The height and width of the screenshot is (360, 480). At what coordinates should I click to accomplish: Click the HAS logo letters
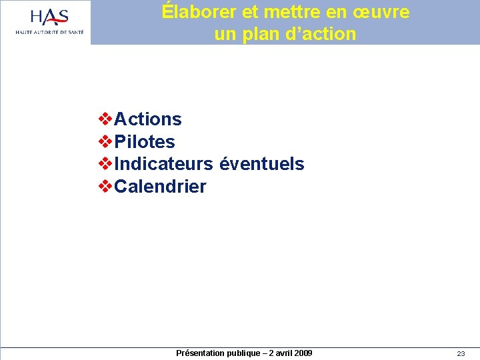pos(49,17)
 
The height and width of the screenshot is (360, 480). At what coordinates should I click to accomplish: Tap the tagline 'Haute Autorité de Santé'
pos(50,32)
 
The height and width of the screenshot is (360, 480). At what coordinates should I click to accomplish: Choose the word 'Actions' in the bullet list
pos(148,119)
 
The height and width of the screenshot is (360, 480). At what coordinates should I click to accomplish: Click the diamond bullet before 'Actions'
pos(105,119)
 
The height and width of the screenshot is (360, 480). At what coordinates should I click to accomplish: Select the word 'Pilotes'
pos(145,142)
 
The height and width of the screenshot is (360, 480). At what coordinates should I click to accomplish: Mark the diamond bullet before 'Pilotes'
pos(105,141)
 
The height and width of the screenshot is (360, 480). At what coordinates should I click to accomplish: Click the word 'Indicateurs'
pos(164,164)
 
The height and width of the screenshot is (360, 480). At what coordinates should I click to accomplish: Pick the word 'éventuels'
pos(262,164)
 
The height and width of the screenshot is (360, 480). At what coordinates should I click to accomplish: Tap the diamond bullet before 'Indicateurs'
pos(105,163)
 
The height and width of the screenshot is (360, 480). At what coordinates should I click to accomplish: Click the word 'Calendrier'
pos(161,187)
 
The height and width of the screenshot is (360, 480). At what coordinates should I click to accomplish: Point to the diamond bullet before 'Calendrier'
pos(105,186)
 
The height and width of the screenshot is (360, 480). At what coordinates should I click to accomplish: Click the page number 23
pos(461,354)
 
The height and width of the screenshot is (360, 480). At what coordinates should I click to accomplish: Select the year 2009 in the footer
pos(302,353)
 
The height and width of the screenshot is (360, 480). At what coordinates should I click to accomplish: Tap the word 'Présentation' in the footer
pos(199,353)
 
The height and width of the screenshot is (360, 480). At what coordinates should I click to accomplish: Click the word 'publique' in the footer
pos(241,353)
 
